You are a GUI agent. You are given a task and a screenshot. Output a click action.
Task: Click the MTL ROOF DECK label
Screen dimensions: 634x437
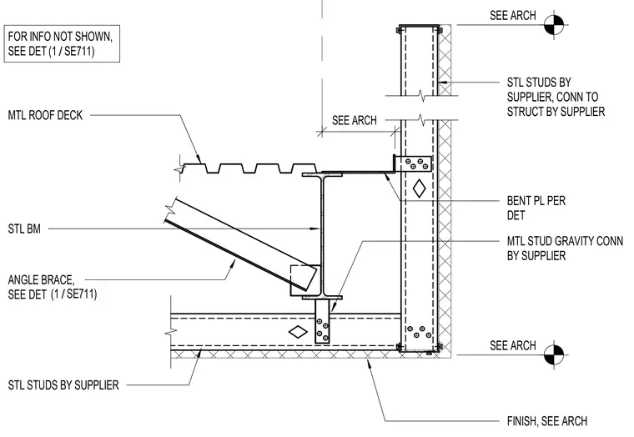click(45, 115)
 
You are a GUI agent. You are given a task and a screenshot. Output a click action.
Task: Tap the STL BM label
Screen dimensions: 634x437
click(24, 229)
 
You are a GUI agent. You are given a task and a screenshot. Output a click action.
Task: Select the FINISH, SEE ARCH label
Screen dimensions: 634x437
click(547, 421)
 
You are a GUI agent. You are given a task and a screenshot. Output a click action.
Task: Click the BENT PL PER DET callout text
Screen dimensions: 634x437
click(536, 208)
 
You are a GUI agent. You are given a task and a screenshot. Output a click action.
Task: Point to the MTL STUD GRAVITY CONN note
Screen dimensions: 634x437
click(565, 249)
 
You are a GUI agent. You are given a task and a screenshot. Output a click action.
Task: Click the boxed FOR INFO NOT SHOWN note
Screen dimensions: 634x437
click(62, 43)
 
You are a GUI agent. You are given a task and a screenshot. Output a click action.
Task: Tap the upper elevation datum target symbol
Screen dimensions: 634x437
click(554, 25)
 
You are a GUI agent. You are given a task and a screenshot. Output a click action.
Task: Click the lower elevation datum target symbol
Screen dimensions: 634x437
click(554, 355)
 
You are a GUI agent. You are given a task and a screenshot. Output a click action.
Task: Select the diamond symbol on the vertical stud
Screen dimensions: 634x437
click(419, 188)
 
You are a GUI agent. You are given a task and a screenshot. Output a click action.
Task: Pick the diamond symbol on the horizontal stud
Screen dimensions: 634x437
click(298, 332)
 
